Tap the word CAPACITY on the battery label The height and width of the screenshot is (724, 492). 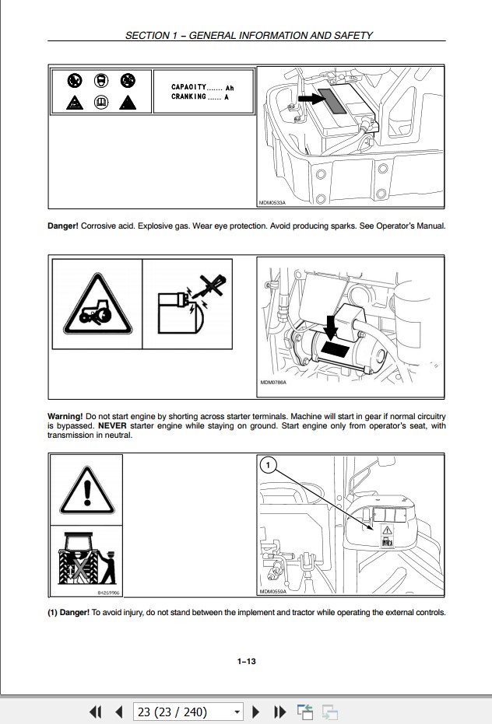(x=189, y=87)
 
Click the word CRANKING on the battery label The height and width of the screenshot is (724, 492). (x=189, y=97)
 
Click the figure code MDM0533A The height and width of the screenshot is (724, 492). (x=272, y=203)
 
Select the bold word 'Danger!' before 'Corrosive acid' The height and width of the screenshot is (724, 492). (x=63, y=226)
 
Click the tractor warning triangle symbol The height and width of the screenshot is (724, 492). (x=97, y=304)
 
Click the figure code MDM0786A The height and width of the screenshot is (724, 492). (x=273, y=383)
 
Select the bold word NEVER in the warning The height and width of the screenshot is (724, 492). (x=112, y=426)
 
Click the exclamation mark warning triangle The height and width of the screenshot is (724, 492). (x=86, y=489)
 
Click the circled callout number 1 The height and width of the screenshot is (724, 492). (x=268, y=466)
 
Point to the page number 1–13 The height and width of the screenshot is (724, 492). (x=246, y=661)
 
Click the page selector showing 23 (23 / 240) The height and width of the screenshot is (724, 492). (x=188, y=712)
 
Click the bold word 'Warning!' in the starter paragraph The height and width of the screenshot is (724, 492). (x=65, y=417)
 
